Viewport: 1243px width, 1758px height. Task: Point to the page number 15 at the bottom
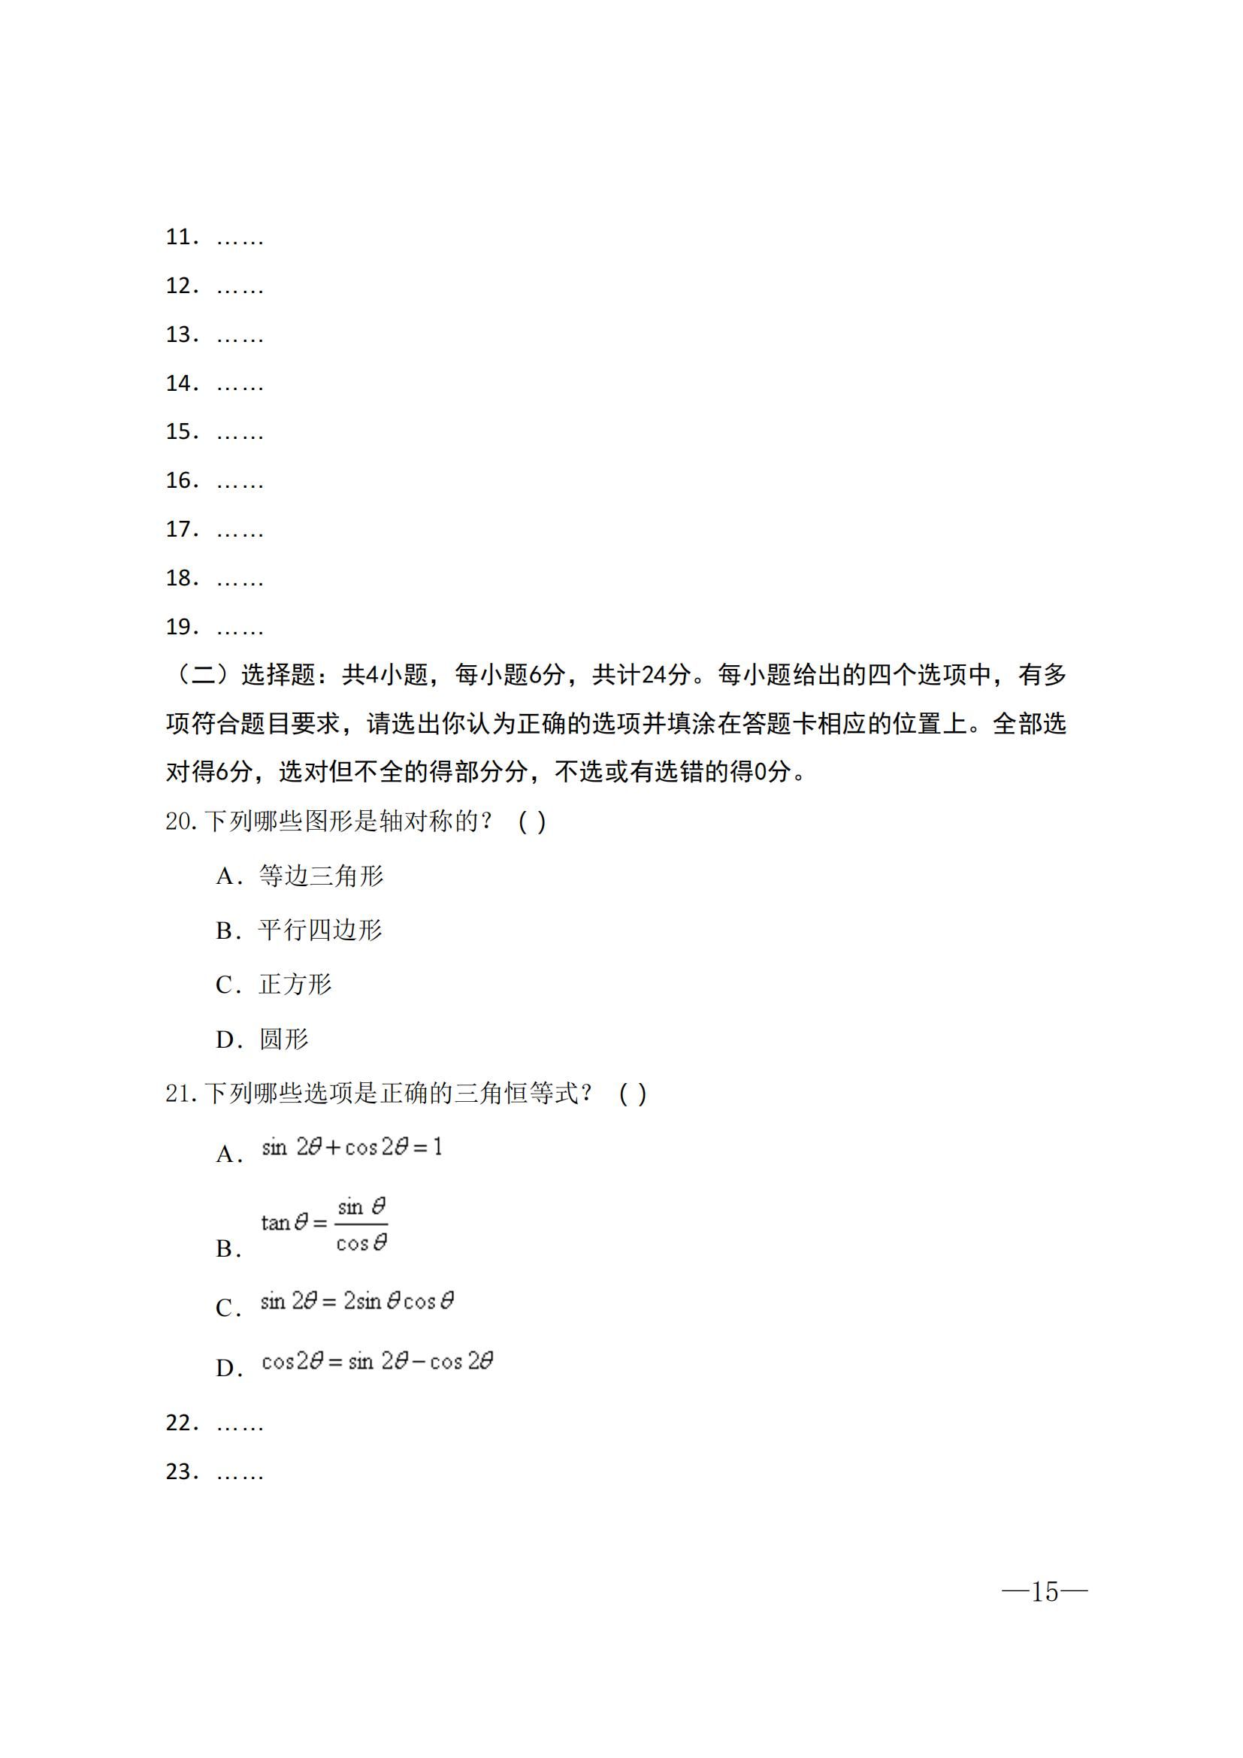pyautogui.click(x=1044, y=1592)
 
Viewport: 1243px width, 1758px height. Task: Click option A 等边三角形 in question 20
pyautogui.click(x=321, y=875)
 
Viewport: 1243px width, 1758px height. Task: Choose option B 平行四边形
pyautogui.click(x=320, y=930)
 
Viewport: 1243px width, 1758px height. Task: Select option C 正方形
pyautogui.click(x=295, y=985)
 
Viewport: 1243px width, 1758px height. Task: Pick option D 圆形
pyautogui.click(x=283, y=1039)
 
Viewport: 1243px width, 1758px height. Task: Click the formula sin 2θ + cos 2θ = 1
pyautogui.click(x=351, y=1147)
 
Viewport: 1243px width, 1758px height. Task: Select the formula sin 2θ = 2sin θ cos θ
pyautogui.click(x=357, y=1302)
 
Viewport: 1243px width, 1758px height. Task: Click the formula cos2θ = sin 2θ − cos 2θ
pyautogui.click(x=377, y=1361)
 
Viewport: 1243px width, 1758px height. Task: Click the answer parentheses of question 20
pyautogui.click(x=532, y=822)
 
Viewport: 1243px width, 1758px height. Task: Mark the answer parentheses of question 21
pyautogui.click(x=632, y=1094)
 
